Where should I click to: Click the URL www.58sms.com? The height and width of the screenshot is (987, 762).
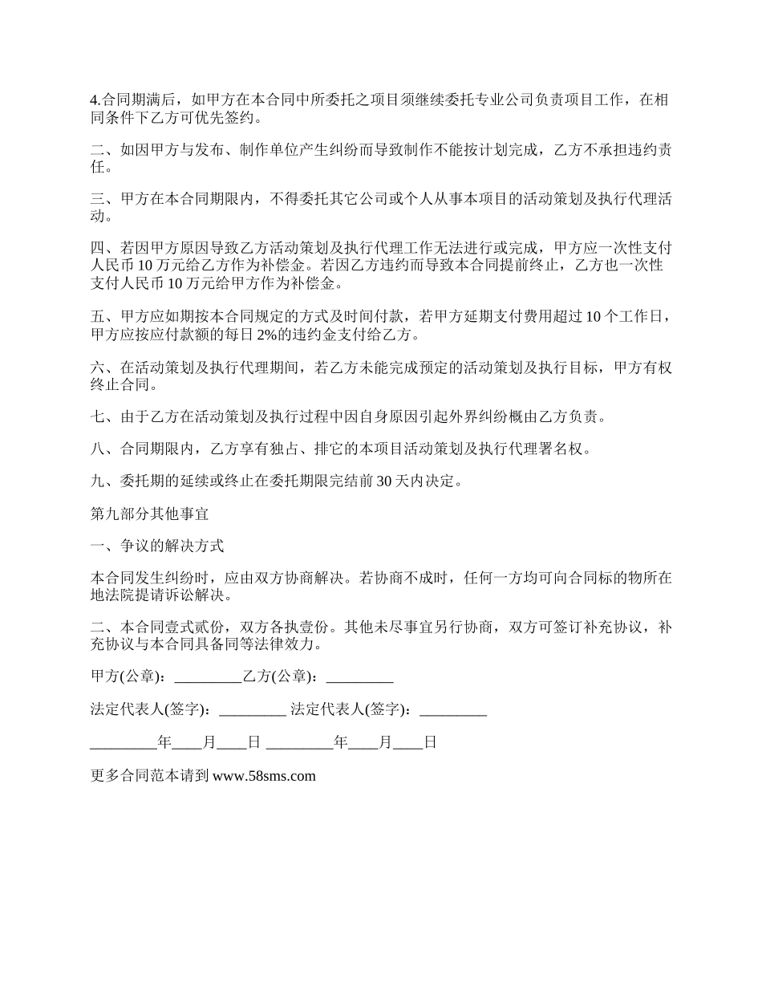(264, 776)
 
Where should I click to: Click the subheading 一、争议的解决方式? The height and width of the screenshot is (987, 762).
(158, 546)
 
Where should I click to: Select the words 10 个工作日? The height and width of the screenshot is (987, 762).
(623, 316)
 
